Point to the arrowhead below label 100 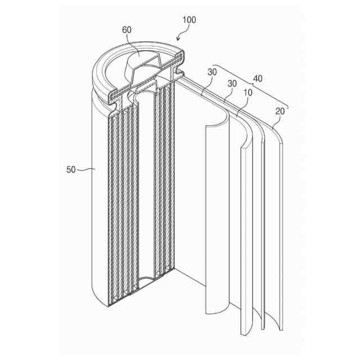[179, 39]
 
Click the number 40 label [258, 79]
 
